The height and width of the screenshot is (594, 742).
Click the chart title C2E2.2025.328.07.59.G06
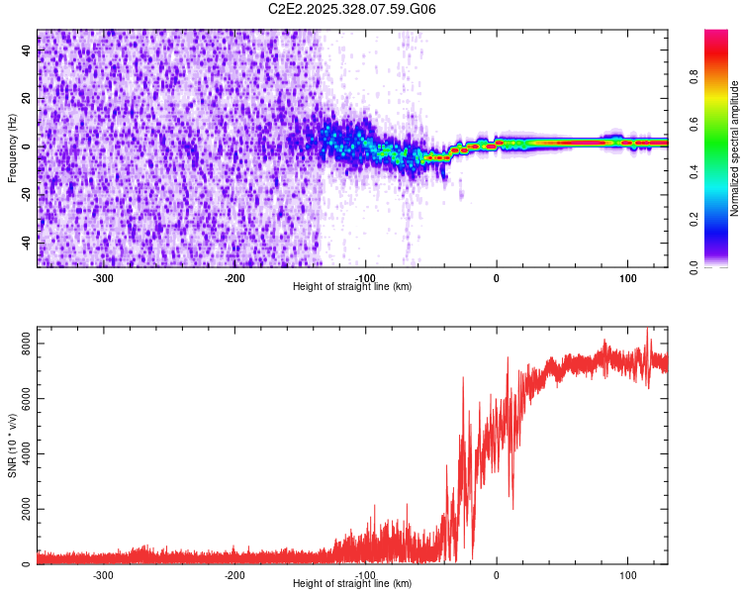click(x=352, y=9)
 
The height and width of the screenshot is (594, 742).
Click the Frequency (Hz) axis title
click(x=12, y=148)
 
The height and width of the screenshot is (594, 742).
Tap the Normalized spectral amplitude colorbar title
click(x=735, y=148)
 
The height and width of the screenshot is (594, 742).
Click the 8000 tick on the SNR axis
click(x=18, y=344)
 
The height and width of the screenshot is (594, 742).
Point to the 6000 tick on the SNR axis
click(x=18, y=399)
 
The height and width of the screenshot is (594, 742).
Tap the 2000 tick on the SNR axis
click(x=18, y=510)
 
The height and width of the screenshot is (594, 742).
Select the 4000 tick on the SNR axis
click(x=18, y=454)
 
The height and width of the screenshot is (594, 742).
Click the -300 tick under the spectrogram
click(x=103, y=278)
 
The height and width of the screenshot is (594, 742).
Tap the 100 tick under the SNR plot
click(x=627, y=575)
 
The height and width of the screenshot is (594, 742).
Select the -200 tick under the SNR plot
click(x=233, y=575)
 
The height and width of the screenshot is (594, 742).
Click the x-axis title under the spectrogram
click(x=352, y=286)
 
